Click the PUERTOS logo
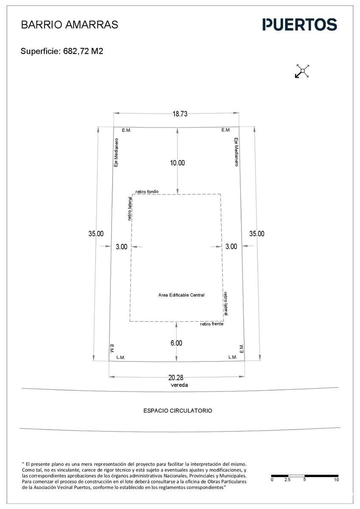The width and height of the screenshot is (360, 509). coord(300,24)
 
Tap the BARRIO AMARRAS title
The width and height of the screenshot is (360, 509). coord(70,25)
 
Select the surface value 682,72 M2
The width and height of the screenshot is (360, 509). coord(83,51)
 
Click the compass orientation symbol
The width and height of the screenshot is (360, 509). coord(302,71)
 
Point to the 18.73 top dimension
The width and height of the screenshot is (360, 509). coord(180,114)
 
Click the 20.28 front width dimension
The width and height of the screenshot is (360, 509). coord(176,378)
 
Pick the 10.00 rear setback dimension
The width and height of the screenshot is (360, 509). coord(177,163)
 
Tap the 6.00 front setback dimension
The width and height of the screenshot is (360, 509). coord(176,343)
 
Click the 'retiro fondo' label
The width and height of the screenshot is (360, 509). coord(147,192)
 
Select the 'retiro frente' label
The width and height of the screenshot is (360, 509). coord(212,324)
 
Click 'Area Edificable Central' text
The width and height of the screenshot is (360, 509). coord(181,295)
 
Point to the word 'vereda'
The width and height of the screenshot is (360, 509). coord(179,385)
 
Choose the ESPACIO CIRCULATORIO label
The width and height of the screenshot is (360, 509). coord(177,411)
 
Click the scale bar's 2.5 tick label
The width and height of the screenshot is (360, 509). coord(287,480)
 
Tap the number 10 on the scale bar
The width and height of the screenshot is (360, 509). coord(336,480)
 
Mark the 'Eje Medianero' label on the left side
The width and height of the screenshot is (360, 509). coord(116,152)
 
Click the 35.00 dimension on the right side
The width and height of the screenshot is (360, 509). coord(257,234)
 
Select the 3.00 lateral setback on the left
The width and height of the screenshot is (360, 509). coord(121,246)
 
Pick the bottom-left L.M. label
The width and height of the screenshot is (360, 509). coord(121,358)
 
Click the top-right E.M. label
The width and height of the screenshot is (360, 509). coord(226,130)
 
